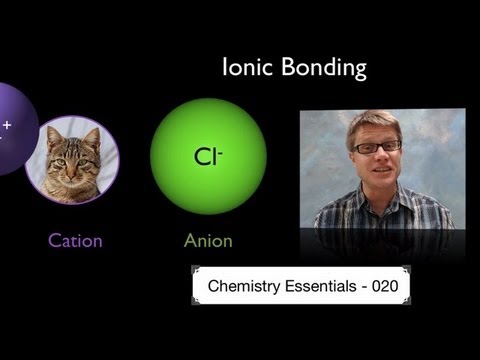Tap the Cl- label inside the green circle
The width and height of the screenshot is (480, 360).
click(x=207, y=156)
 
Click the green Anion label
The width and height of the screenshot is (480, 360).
click(x=208, y=240)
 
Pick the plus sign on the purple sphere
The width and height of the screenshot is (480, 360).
click(x=8, y=125)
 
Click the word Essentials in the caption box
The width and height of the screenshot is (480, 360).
click(x=319, y=286)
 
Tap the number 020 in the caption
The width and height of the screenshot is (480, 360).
click(x=385, y=286)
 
